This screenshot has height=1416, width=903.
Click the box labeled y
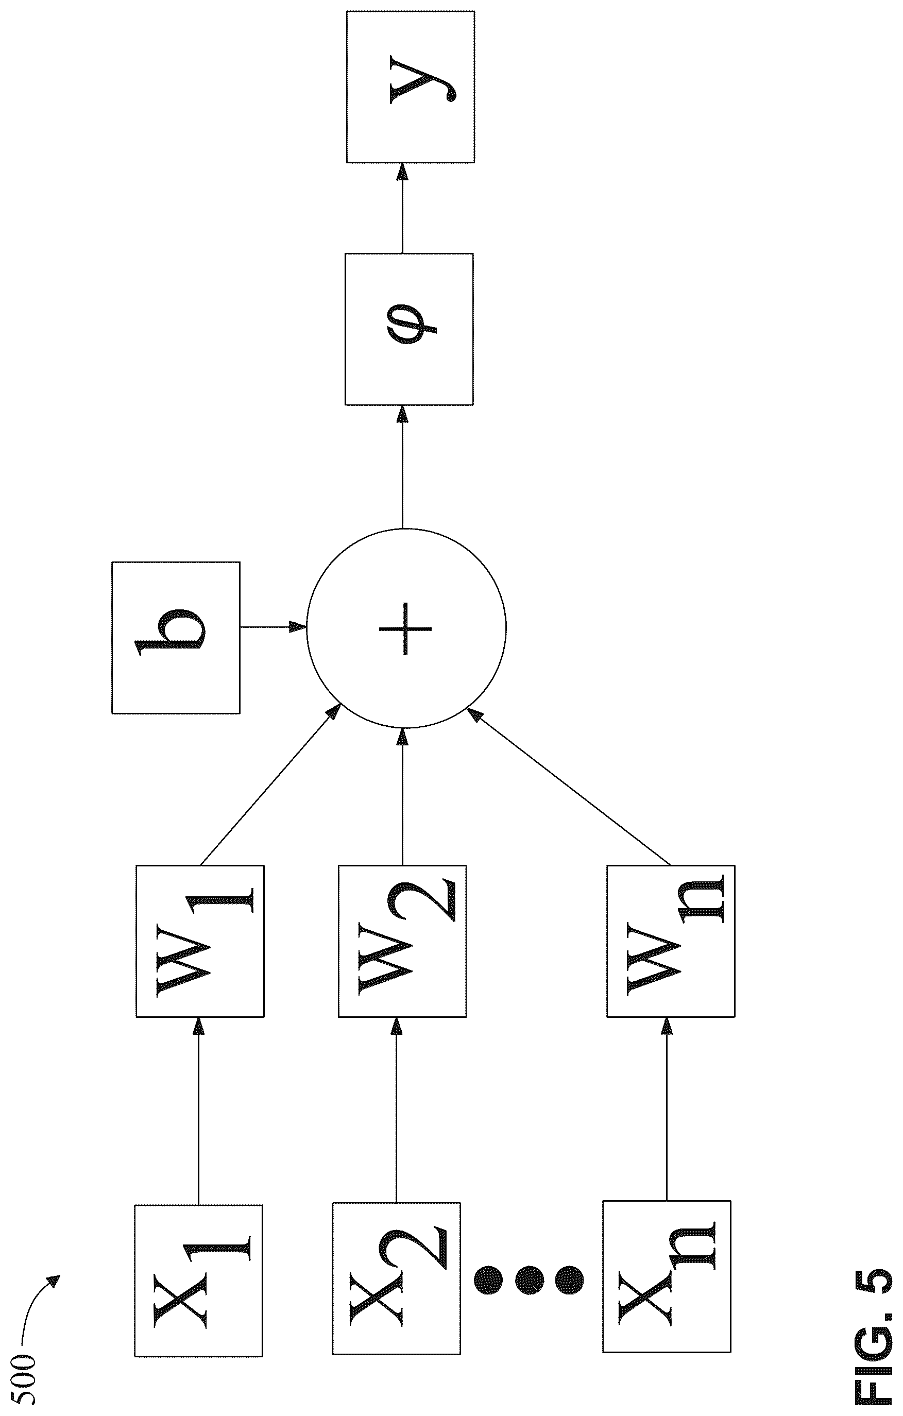tap(411, 87)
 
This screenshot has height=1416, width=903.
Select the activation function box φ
tap(409, 329)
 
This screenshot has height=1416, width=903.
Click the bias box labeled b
tap(176, 638)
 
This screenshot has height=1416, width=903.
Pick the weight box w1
tap(200, 941)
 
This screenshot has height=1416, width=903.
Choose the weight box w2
tap(403, 941)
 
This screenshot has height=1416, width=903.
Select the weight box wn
tap(671, 941)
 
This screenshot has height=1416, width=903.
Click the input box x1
tap(199, 1280)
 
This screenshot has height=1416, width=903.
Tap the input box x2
tap(396, 1278)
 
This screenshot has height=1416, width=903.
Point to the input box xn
tap(667, 1276)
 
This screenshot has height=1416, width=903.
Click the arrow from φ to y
tap(402, 208)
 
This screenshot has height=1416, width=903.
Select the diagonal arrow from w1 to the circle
tap(270, 785)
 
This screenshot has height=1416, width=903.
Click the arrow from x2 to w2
tap(396, 1110)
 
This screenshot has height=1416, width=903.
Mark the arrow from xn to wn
tap(667, 1109)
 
